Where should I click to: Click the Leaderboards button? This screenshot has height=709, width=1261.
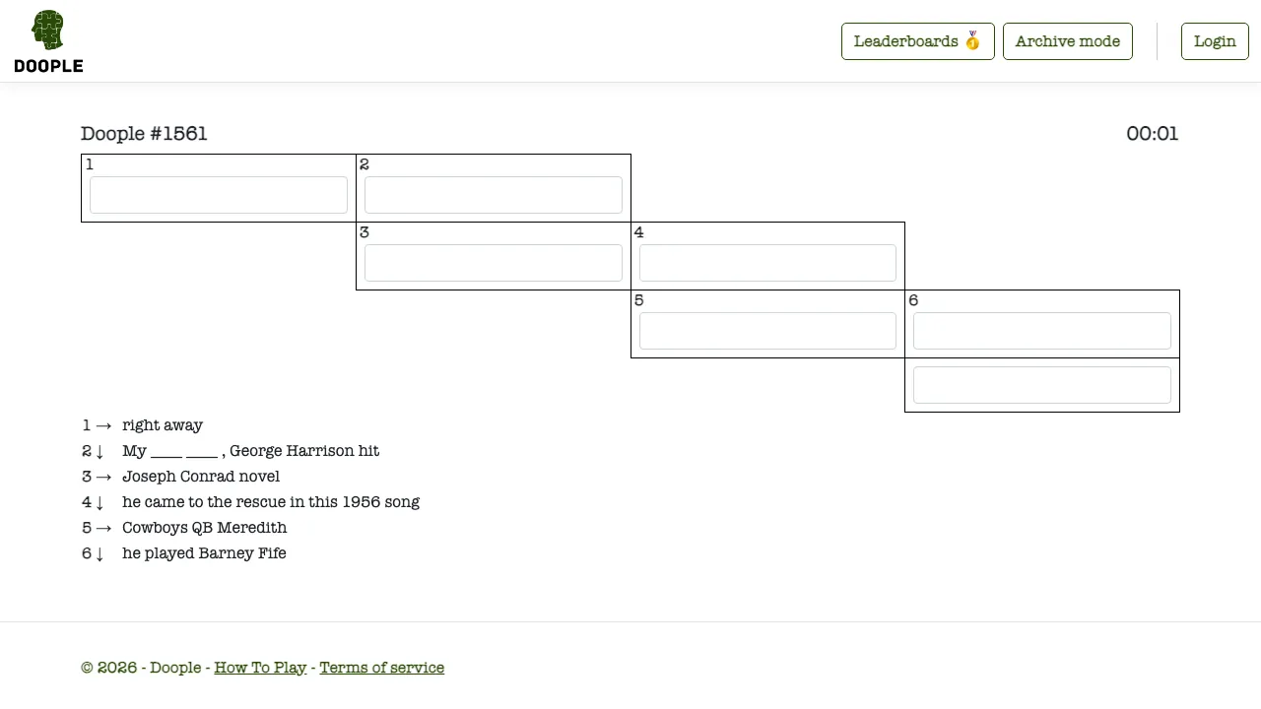[917, 41]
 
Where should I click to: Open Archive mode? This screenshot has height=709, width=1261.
[1067, 41]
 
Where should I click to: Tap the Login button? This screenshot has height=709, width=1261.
[1215, 41]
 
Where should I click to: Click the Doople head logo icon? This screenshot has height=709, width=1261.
[48, 30]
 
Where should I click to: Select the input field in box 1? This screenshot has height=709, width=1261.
[219, 195]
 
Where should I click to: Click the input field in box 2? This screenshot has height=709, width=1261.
[494, 195]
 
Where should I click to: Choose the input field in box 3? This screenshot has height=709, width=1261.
[494, 263]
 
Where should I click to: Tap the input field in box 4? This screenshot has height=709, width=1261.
[767, 263]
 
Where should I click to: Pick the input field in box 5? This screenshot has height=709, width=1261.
[767, 331]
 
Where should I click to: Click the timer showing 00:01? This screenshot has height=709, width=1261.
[1152, 134]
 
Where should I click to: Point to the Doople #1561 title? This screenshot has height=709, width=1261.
[144, 134]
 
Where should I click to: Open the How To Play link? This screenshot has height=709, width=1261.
[260, 668]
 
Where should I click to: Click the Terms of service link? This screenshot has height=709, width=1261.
[381, 668]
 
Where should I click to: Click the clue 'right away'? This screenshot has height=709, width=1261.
[163, 425]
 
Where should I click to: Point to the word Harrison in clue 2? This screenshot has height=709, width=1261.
[320, 451]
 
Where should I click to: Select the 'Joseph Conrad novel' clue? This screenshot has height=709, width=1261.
[201, 477]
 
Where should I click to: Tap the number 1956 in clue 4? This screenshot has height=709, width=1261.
[361, 502]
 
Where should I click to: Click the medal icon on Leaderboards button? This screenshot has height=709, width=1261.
[972, 40]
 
